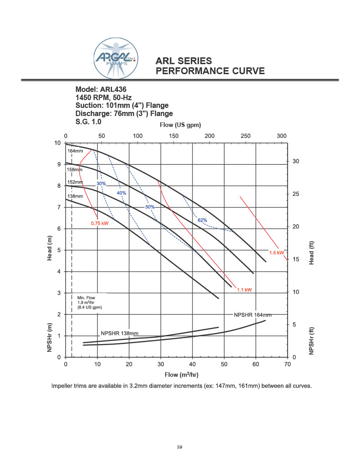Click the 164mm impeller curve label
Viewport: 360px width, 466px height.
75,151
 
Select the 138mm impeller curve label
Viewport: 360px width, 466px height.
75,197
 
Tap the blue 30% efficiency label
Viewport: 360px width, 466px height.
101,184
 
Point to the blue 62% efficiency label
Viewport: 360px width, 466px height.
203,220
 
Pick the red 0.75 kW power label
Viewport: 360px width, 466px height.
100,223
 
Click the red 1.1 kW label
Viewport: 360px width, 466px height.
244,289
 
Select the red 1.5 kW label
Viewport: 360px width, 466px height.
277,253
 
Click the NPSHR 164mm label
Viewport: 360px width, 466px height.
253,315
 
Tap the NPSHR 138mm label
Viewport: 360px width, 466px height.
119,333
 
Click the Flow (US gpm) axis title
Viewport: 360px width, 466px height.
180,125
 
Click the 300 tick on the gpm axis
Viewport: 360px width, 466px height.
282,136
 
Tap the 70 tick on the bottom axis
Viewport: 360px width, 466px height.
287,365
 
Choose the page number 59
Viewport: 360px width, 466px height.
180,448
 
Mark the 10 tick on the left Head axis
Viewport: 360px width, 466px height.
58,143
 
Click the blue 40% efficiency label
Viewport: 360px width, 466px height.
122,193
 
